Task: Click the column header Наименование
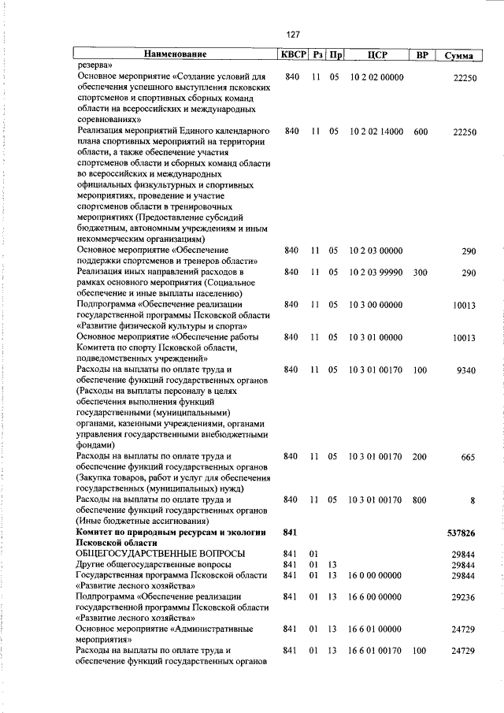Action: click(x=175, y=55)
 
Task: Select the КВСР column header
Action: click(x=292, y=55)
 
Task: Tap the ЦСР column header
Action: click(x=375, y=55)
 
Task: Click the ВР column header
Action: click(x=421, y=55)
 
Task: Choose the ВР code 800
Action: click(x=421, y=500)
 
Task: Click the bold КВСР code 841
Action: click(x=291, y=533)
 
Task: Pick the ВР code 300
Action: click(x=421, y=273)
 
